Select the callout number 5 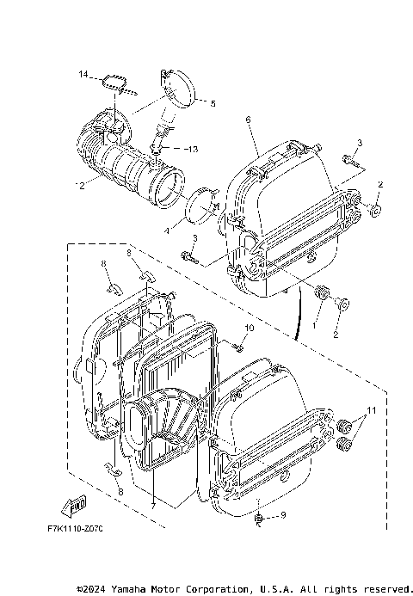point(213,103)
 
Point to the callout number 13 point(191,149)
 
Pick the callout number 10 point(250,329)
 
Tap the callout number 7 point(153,506)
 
